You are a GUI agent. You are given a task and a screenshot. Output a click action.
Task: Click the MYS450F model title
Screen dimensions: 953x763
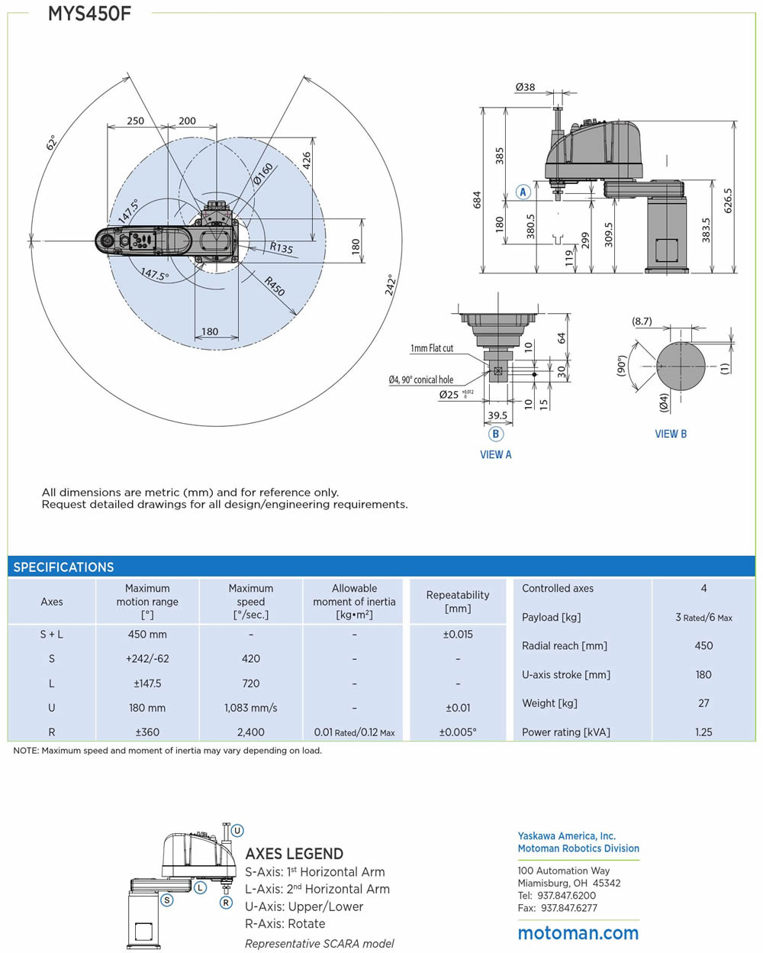tap(89, 14)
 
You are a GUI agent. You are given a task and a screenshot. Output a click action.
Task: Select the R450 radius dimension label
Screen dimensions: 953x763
tap(275, 286)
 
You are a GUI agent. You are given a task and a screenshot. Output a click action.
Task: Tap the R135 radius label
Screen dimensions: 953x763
tap(281, 247)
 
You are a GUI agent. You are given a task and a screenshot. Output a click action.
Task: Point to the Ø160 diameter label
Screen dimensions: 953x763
tap(262, 174)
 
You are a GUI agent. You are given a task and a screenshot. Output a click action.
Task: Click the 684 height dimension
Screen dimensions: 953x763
tap(477, 199)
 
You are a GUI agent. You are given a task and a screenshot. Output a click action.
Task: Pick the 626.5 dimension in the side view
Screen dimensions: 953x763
tap(728, 200)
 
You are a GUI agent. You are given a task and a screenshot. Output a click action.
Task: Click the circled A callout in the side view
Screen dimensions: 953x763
tap(523, 192)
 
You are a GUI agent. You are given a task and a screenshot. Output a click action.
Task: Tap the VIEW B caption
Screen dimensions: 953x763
tap(671, 434)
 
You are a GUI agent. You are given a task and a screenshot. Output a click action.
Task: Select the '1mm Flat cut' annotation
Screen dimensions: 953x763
tap(431, 348)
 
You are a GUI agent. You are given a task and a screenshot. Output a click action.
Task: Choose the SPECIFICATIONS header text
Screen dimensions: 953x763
tap(63, 567)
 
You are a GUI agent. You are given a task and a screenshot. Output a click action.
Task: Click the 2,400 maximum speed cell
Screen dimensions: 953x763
tap(250, 732)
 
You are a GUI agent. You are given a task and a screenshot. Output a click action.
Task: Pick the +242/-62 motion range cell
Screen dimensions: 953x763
tap(147, 658)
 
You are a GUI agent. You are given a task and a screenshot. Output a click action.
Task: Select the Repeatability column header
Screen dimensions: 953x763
tap(458, 601)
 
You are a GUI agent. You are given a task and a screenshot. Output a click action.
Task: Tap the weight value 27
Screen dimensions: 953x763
tap(703, 703)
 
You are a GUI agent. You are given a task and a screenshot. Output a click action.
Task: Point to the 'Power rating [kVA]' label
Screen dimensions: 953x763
tap(565, 732)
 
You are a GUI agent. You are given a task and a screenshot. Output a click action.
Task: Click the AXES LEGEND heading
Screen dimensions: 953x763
tap(294, 854)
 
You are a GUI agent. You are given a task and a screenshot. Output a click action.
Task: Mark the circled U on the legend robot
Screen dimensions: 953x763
tap(237, 830)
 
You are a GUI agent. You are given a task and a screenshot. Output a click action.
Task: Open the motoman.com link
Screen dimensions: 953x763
tap(578, 932)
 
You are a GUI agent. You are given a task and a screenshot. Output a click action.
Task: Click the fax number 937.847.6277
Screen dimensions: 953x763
tap(568, 908)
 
